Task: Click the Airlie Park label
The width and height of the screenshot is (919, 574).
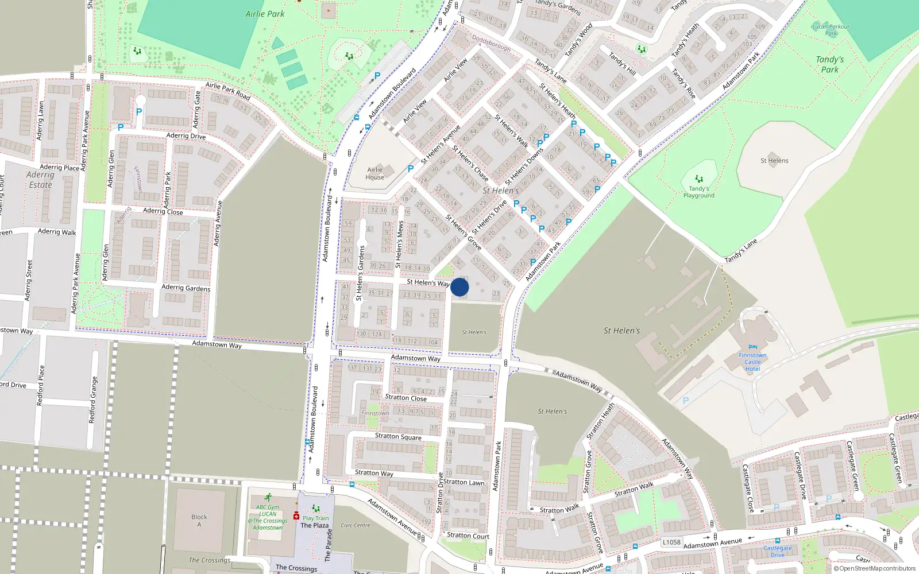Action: [265, 14]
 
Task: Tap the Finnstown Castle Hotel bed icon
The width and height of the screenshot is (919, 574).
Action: [752, 347]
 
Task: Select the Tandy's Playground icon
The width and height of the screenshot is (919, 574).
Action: [699, 179]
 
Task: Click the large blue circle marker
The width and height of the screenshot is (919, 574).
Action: [459, 287]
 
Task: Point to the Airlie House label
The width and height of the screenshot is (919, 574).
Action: [375, 173]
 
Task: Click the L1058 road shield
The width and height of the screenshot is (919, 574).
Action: [671, 542]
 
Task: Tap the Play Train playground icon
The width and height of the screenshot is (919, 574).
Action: [315, 509]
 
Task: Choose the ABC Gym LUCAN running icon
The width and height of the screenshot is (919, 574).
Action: [268, 497]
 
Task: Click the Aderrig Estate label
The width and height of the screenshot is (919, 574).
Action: [40, 180]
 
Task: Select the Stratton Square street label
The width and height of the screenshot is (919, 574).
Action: [398, 436]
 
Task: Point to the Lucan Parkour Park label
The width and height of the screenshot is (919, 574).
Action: [831, 30]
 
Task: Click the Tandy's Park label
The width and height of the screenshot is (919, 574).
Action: [830, 64]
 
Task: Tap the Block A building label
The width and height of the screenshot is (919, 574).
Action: [199, 520]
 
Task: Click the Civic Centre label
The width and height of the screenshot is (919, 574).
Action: [356, 525]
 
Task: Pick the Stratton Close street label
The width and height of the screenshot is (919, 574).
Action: [406, 397]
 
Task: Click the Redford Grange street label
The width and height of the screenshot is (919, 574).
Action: [92, 400]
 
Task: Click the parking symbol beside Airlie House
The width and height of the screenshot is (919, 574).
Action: [411, 169]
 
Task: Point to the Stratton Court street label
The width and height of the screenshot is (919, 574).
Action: [468, 536]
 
